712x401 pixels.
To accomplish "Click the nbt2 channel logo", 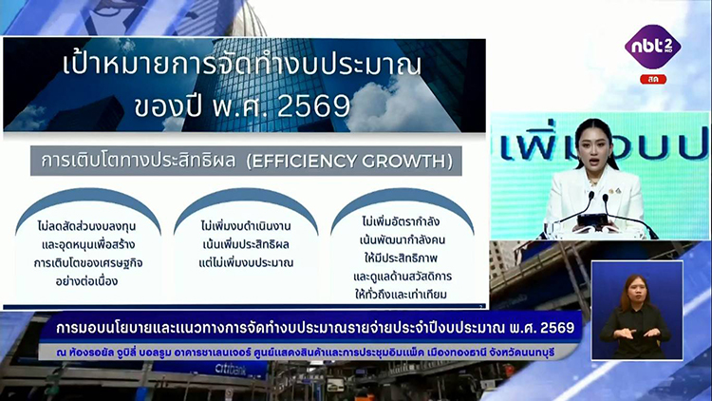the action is (x=652, y=47).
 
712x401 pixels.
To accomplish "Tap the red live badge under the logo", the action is (x=653, y=79).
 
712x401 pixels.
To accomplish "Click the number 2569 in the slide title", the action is (x=313, y=105).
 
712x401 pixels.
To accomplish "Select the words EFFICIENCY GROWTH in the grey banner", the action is (x=349, y=161).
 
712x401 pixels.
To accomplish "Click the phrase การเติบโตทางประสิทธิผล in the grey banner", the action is (x=139, y=161).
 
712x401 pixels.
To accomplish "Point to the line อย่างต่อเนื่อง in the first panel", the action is (x=86, y=281).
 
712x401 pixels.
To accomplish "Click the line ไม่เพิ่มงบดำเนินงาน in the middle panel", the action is (x=246, y=226).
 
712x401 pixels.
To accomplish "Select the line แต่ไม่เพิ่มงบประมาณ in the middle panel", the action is (x=246, y=262).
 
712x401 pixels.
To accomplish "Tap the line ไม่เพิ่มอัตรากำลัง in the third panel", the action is (x=401, y=221).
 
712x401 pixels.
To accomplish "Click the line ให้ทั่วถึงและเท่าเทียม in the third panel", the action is (x=401, y=295).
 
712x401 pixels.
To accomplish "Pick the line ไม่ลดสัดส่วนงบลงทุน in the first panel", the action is (x=86, y=226).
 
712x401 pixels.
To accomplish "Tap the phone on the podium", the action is (x=592, y=220).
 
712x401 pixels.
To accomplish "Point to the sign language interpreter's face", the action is (x=636, y=292).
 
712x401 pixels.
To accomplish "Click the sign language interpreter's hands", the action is (x=638, y=334).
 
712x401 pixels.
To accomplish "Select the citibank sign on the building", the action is (x=231, y=370).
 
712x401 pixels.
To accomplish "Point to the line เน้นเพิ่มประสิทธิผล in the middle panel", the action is (x=246, y=244).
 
